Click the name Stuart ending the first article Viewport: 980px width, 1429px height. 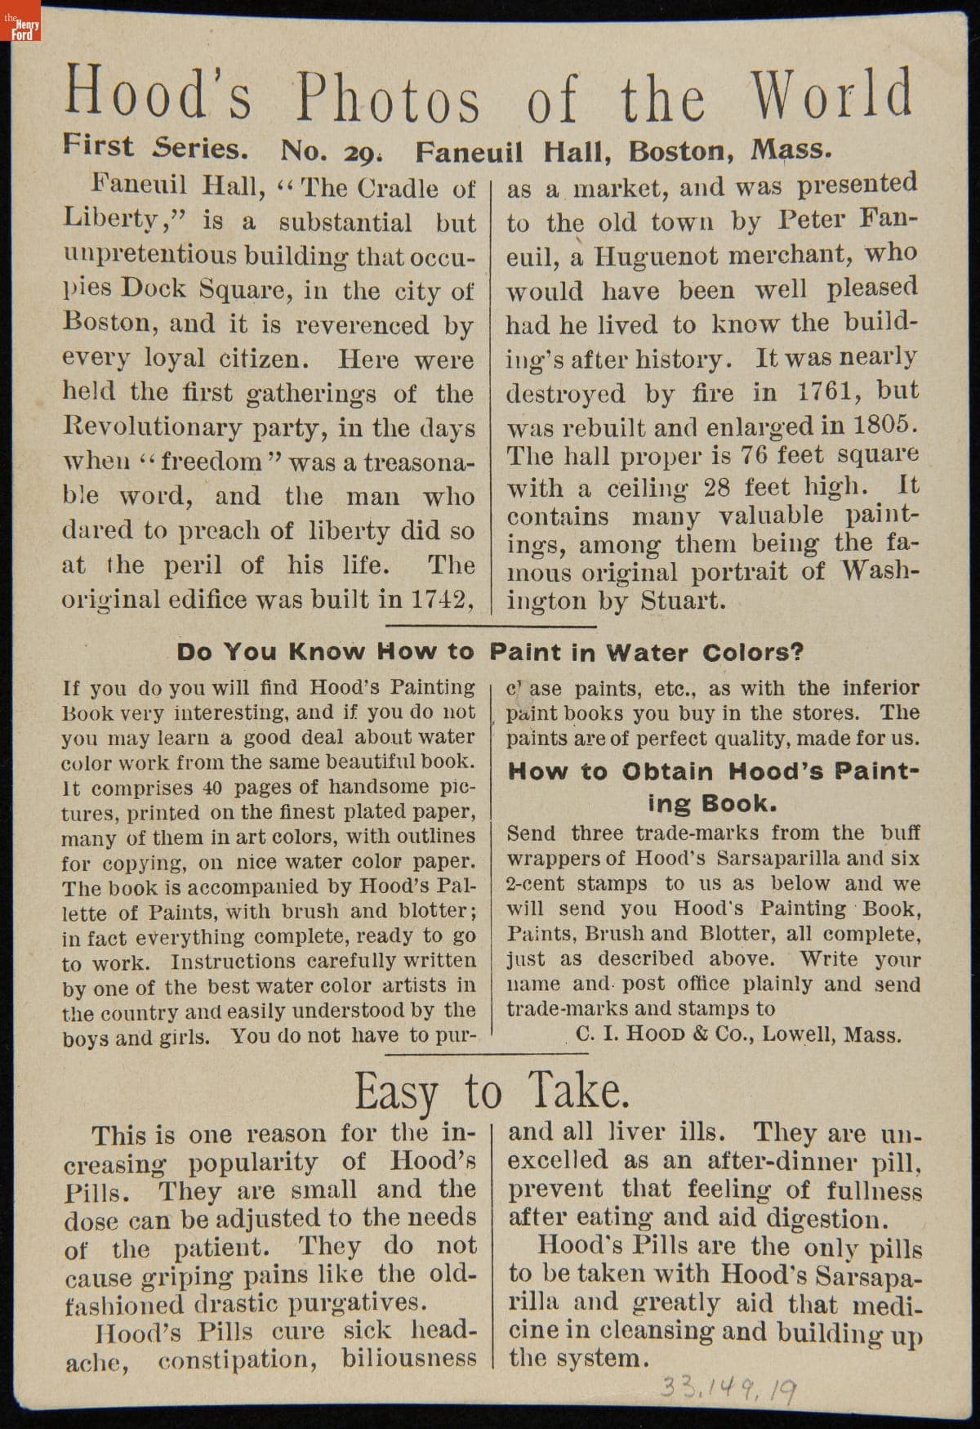[682, 601]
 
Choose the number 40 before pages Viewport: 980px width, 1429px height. [212, 788]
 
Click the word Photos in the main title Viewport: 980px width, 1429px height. [388, 99]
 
